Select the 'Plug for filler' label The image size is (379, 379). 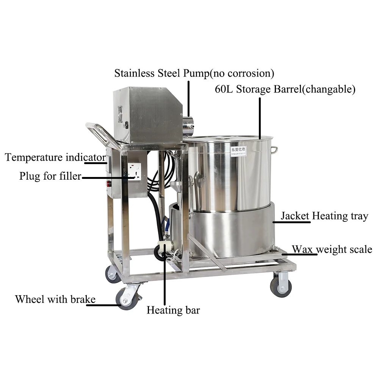click(50, 176)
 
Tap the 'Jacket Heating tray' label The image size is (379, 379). click(324, 216)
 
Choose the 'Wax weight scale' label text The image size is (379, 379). click(332, 249)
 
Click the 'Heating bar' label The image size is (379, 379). click(173, 310)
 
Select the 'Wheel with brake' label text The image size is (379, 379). click(55, 299)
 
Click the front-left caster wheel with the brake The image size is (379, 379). click(127, 296)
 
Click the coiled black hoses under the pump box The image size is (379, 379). click(156, 182)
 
